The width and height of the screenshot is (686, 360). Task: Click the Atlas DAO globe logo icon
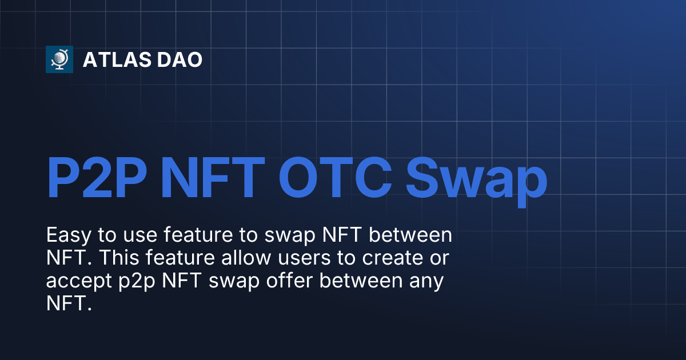(x=59, y=59)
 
